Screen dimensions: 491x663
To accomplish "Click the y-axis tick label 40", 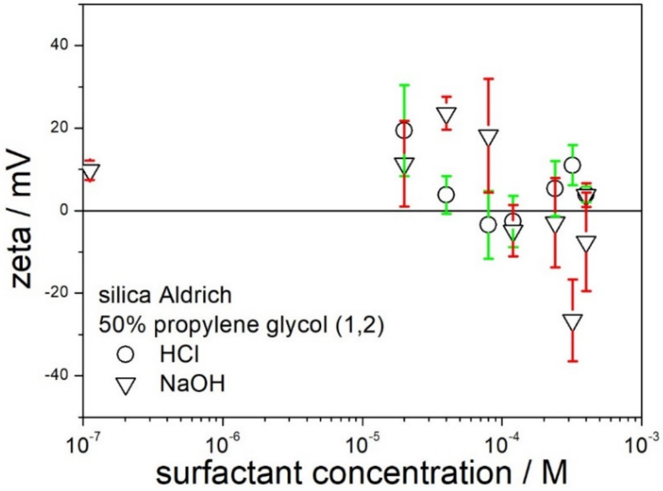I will pyautogui.click(x=60, y=45).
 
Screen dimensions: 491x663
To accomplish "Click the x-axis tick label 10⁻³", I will pyautogui.click(x=641, y=445).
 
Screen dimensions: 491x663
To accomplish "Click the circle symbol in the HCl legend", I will pyautogui.click(x=125, y=354).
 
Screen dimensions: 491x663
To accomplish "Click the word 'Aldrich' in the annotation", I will pyautogui.click(x=195, y=295).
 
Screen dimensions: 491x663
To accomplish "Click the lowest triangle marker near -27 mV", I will pyautogui.click(x=572, y=322).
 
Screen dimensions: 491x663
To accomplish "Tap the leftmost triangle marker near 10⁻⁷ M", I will pyautogui.click(x=90, y=171).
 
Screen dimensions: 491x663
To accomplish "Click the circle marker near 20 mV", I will pyautogui.click(x=404, y=130).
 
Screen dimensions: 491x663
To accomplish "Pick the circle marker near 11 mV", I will pyautogui.click(x=572, y=165).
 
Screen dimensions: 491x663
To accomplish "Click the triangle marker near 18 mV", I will pyautogui.click(x=488, y=137).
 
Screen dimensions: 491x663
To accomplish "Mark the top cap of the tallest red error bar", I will pyautogui.click(x=488, y=79).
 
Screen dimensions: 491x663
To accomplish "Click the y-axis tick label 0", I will pyautogui.click(x=64, y=211).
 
